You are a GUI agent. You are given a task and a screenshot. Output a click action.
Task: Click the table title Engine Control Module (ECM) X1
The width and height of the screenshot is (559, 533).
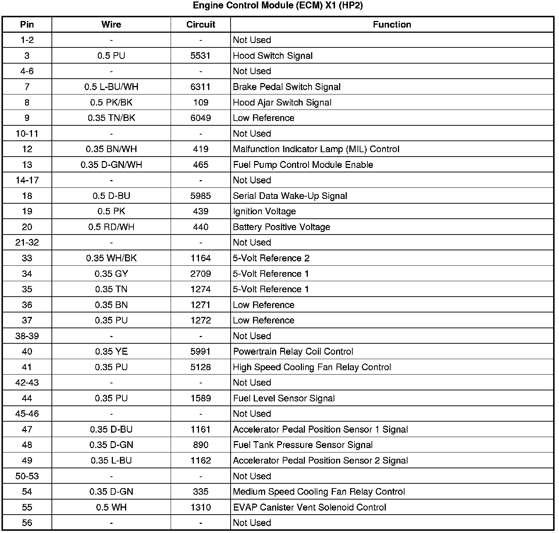pos(278,6)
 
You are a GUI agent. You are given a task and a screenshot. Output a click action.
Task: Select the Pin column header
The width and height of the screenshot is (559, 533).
pos(27,25)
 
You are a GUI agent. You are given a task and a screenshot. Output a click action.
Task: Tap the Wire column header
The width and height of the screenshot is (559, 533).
pos(111,25)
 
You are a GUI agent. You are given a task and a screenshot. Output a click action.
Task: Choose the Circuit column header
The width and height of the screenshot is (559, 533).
pos(200,25)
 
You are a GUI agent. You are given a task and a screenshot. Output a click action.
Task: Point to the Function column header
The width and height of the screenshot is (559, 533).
pos(392,25)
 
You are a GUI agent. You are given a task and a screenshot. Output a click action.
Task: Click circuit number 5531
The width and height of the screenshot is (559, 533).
pos(200,56)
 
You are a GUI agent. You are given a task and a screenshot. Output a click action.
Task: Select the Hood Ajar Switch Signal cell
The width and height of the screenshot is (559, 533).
pos(282,103)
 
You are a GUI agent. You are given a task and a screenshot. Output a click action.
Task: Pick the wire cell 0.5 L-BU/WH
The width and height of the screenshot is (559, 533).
pos(111,87)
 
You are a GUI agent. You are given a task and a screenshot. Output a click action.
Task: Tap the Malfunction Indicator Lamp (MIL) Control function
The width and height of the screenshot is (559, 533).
pos(316,149)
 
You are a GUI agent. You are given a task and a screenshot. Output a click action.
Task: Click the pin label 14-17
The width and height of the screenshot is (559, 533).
pos(27,180)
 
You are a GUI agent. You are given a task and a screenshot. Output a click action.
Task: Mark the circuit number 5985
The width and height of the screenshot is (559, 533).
pos(200,196)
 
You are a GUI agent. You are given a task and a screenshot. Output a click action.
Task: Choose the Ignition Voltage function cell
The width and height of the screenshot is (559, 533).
pos(264,212)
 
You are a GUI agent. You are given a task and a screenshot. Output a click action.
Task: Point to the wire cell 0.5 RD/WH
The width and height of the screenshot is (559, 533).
pos(111,227)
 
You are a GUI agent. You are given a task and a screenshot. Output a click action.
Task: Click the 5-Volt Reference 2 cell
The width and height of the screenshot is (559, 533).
pos(271,258)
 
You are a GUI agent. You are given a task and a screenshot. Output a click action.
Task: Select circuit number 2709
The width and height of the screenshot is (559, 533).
pos(200,274)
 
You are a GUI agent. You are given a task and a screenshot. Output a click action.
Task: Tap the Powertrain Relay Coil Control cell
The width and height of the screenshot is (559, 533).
pos(293,352)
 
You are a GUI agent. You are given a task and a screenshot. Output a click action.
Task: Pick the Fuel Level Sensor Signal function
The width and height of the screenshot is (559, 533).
pos(284,398)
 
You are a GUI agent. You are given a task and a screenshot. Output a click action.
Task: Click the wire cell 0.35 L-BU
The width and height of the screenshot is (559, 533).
pos(111,461)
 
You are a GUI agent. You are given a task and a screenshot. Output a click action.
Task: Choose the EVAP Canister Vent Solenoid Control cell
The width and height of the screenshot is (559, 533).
pos(309,508)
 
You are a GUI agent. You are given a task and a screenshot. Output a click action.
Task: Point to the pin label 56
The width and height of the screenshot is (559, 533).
pos(27,523)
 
